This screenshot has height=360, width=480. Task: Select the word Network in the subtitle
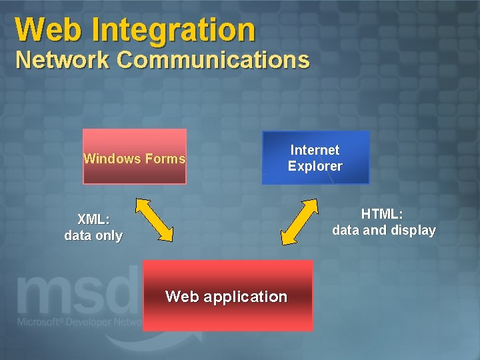coord(63,60)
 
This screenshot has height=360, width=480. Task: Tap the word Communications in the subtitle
coord(213,60)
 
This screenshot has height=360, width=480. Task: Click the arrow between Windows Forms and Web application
coord(154,219)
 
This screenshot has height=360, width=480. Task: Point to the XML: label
coord(93,219)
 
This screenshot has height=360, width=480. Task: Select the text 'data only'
coord(93,235)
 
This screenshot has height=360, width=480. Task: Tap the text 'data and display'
coord(384,231)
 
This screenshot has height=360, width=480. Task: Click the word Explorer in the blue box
coord(315,166)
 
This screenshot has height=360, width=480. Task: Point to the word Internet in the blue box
coord(315,150)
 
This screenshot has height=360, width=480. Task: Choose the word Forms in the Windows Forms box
coord(165,159)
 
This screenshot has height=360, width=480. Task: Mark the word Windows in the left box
coord(111,159)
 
